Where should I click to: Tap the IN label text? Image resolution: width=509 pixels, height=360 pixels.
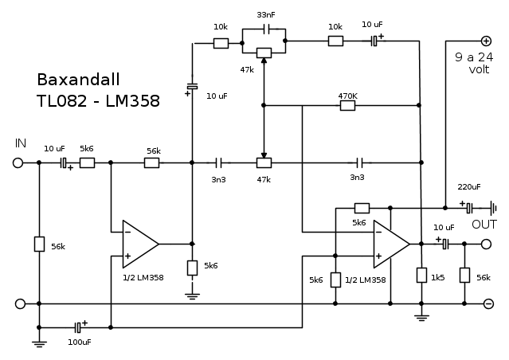coord(21,143)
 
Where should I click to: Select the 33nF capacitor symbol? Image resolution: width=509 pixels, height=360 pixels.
coord(265,29)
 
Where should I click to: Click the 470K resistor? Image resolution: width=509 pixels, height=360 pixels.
coord(347,104)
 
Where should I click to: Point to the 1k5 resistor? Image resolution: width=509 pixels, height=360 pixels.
coord(421,276)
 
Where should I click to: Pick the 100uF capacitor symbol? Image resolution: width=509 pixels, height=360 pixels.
coord(78,327)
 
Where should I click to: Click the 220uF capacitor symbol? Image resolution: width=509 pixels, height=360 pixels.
coord(470,207)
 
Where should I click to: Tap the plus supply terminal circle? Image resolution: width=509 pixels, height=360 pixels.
coord(486,41)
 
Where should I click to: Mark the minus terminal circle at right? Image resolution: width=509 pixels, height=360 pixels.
coord(488,303)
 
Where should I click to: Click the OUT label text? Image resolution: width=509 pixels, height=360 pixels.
coord(484,225)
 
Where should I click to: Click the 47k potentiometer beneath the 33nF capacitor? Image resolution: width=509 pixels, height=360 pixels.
coord(264,53)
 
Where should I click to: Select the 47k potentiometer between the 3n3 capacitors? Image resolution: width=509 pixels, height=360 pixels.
coord(264,162)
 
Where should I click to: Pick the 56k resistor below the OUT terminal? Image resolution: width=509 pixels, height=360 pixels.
coord(464,276)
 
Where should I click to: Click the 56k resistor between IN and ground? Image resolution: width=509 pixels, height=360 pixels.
coord(38,244)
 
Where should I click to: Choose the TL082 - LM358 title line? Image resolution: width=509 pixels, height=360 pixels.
coord(97,101)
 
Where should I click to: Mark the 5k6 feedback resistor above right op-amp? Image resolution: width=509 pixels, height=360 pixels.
coord(362,207)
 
